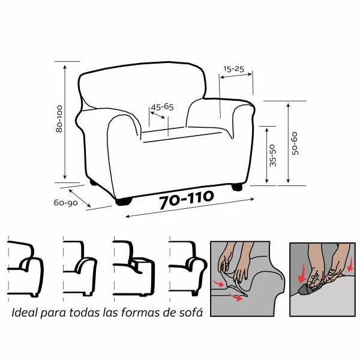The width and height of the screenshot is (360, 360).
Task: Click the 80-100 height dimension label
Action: click(58, 120)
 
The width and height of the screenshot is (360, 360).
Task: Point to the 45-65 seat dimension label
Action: click(162, 107)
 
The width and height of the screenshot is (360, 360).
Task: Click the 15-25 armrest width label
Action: click(233, 70)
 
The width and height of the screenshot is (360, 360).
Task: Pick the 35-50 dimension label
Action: click(273, 155)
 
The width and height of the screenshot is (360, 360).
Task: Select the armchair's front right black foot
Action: click(238, 186)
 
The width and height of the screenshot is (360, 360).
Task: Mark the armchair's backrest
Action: click(144, 90)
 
